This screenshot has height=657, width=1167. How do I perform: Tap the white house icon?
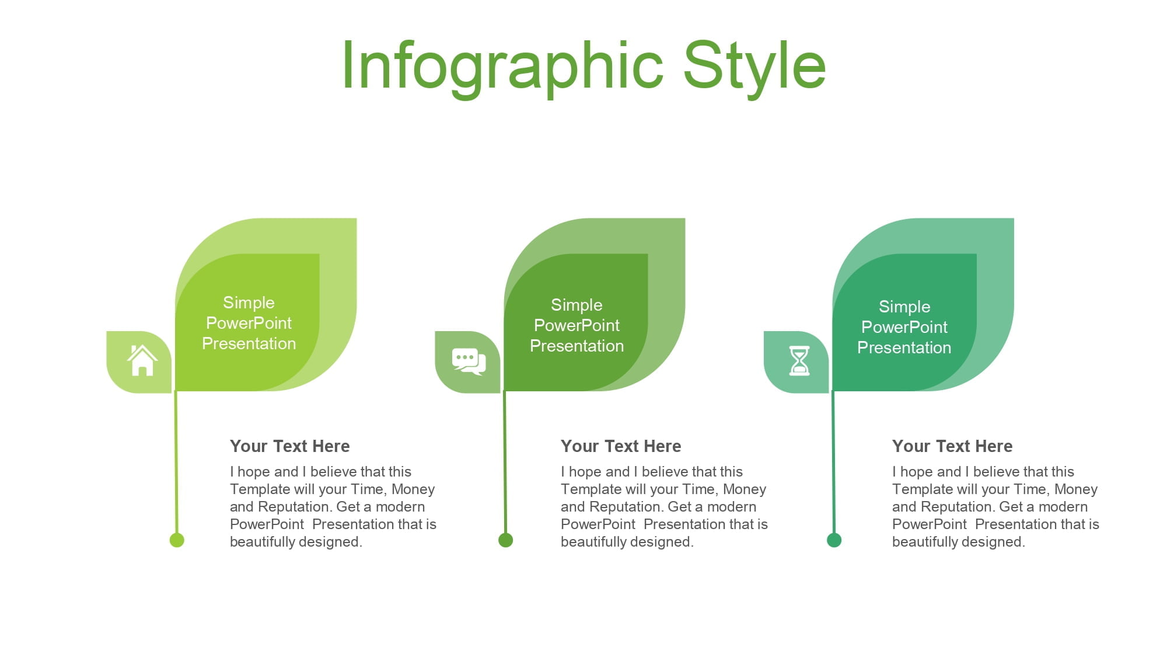tap(142, 360)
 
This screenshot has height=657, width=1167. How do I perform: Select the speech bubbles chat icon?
tap(469, 361)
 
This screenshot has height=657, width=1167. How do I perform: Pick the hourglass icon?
tap(799, 360)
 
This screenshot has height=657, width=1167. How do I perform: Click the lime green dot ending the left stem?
tap(177, 540)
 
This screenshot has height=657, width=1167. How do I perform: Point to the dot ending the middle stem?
tap(506, 540)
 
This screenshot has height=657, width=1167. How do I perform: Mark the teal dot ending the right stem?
tap(834, 540)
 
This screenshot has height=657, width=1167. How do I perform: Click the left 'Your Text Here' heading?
tap(290, 446)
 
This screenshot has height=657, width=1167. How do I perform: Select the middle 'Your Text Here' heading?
tap(621, 446)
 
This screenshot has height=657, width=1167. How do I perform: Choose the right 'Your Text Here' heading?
tap(952, 446)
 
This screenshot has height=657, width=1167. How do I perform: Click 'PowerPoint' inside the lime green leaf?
tap(249, 323)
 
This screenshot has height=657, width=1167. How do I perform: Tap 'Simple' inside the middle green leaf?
tap(576, 305)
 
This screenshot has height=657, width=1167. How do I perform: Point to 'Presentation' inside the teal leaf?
tap(904, 347)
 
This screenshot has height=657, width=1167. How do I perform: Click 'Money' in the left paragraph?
tap(413, 489)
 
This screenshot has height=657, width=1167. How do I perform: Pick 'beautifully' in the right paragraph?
tap(927, 542)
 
